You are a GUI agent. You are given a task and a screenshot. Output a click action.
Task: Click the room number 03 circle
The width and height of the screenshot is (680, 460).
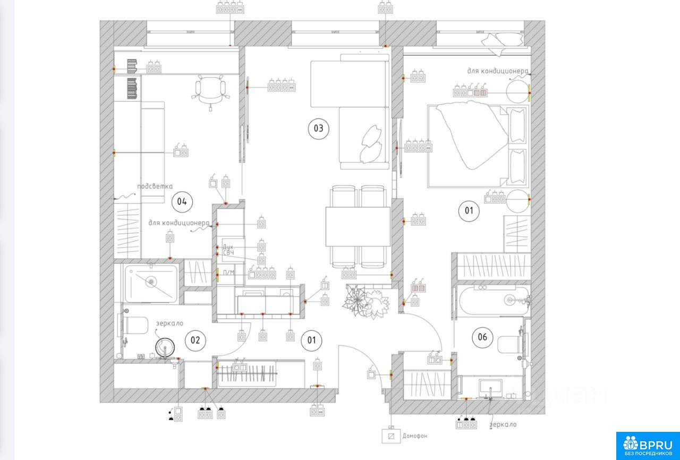click(318, 129)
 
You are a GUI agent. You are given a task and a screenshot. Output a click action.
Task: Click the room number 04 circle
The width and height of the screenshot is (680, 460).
click(182, 201)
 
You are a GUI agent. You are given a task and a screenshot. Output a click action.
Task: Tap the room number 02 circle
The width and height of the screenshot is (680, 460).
click(195, 340)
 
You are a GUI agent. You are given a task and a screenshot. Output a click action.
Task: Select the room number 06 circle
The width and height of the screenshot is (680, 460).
click(482, 337)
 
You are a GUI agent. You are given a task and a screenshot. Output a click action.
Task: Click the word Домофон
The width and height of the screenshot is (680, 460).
click(415, 436)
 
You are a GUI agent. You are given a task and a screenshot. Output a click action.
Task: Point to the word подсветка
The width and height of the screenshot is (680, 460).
click(155, 186)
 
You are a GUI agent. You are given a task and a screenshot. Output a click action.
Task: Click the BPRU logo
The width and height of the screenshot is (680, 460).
click(648, 446)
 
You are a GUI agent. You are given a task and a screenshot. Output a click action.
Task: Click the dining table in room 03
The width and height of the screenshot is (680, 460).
click(358, 227)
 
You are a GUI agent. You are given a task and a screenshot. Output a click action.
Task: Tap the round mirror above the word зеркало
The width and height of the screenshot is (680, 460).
click(165, 347)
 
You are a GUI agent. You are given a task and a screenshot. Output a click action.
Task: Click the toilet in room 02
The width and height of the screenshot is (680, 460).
click(133, 325)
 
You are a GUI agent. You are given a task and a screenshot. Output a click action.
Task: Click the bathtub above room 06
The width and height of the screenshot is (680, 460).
click(494, 301)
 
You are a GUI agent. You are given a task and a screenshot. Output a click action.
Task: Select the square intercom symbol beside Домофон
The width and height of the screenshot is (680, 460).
click(391, 436)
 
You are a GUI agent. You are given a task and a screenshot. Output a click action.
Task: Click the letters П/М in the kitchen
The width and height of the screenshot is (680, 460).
click(228, 272)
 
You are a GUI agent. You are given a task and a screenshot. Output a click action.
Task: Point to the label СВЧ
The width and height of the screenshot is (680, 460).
click(228, 253)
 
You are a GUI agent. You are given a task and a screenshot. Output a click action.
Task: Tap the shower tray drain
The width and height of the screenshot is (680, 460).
click(151, 282)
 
